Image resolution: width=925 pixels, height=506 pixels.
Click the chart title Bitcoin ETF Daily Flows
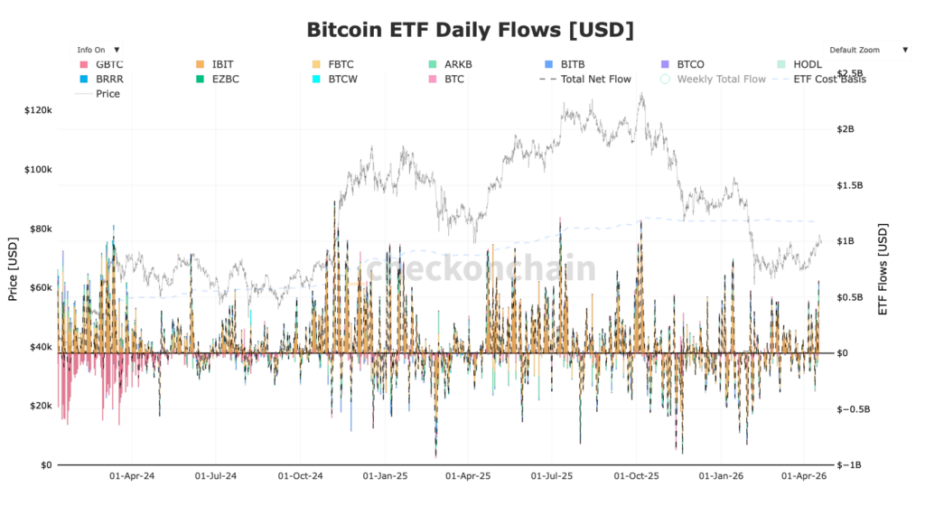click(x=471, y=29)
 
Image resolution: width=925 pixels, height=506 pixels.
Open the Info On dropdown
click(x=98, y=50)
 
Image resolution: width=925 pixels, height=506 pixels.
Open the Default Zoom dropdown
click(x=866, y=50)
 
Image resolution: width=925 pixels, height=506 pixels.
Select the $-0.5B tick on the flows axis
click(x=855, y=408)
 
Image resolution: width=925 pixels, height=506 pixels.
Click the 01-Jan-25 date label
click(x=386, y=474)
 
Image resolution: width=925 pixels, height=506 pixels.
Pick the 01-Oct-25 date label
click(x=638, y=474)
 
